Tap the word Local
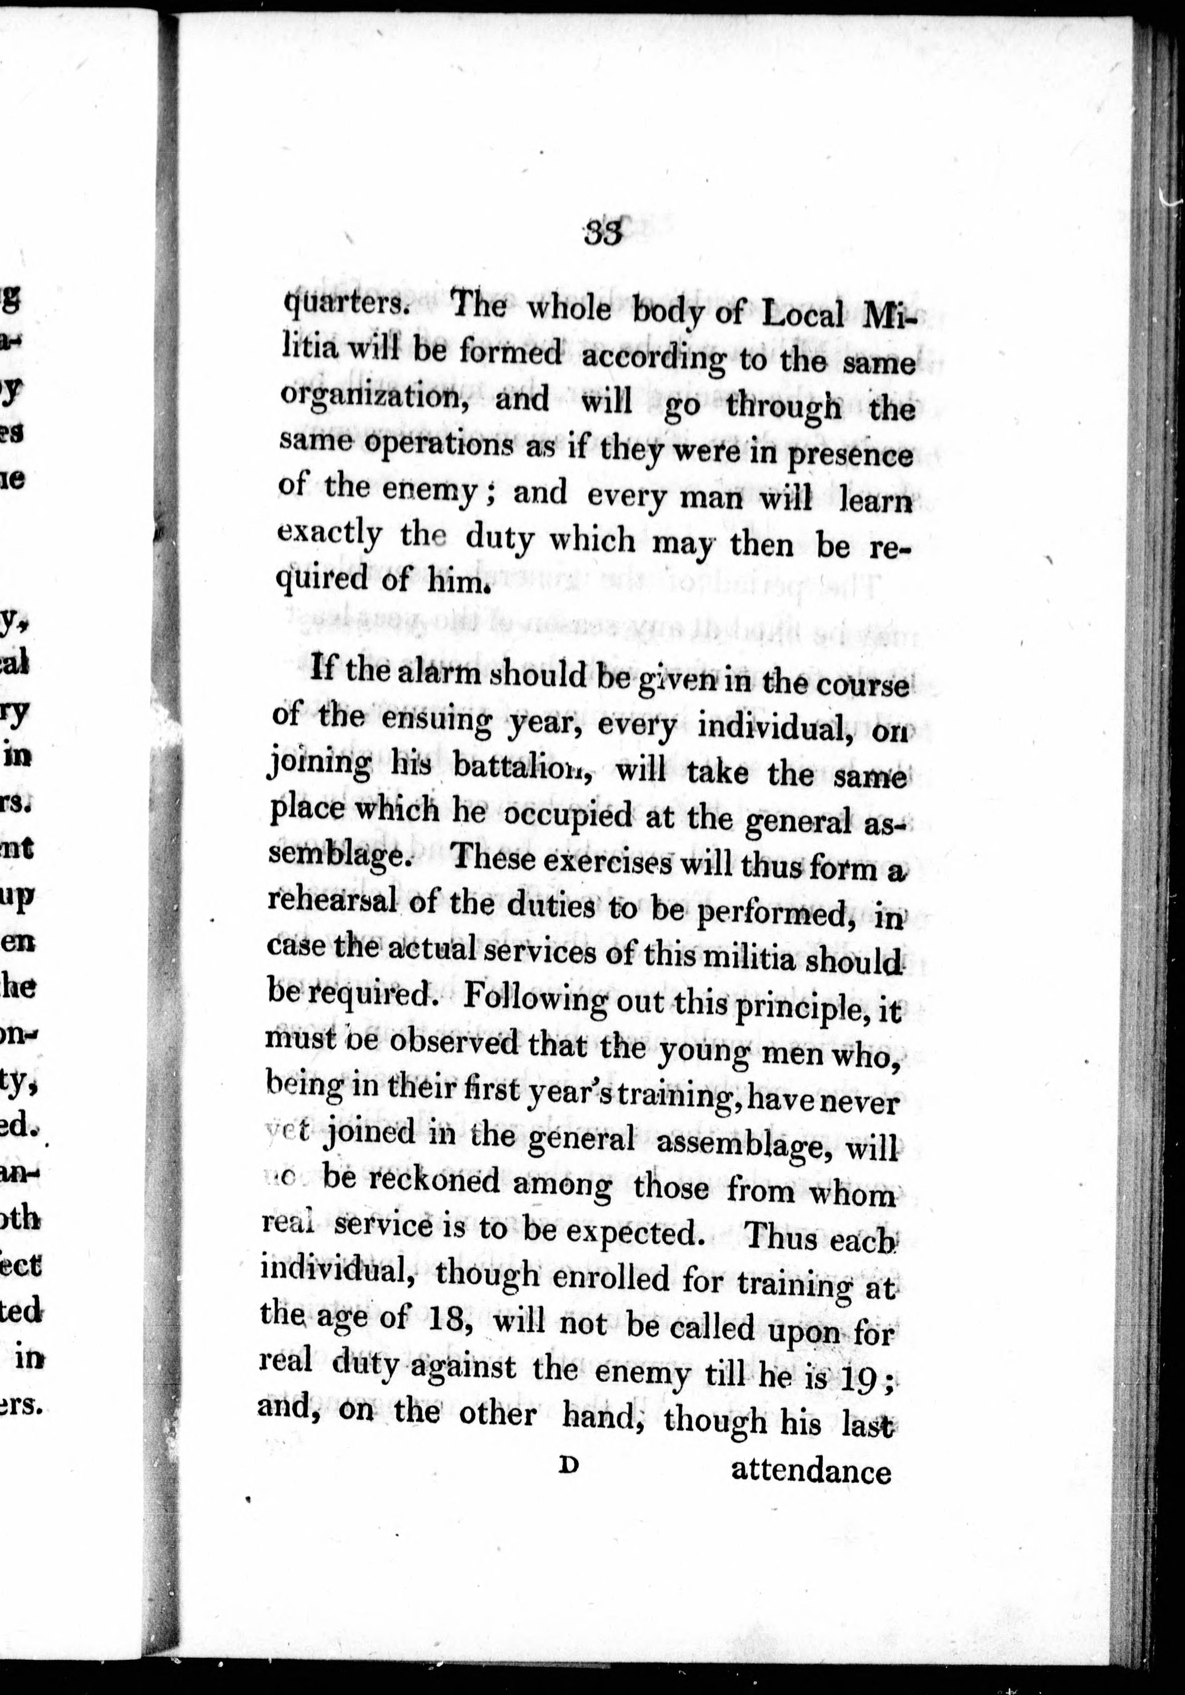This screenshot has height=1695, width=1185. pos(802,316)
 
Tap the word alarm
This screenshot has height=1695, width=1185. pos(439,674)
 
